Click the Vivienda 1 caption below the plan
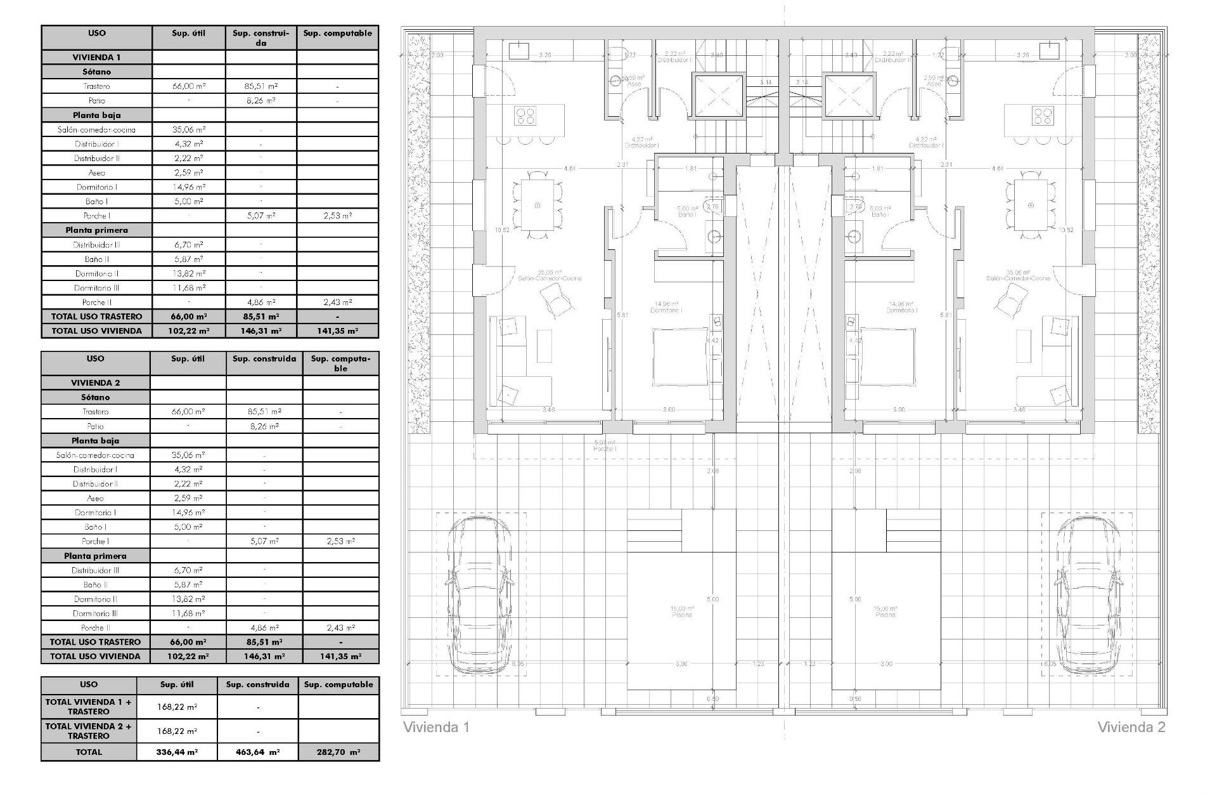[436, 727]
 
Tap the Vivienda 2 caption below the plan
[1131, 727]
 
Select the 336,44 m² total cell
[177, 752]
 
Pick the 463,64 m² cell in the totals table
[257, 752]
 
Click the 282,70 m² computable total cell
[338, 752]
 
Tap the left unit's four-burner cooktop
[525, 115]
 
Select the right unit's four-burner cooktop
[1043, 115]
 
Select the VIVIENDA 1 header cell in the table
[96, 57]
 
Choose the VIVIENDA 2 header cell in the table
[95, 383]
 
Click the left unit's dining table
[538, 205]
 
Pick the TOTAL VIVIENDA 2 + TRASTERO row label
[89, 731]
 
